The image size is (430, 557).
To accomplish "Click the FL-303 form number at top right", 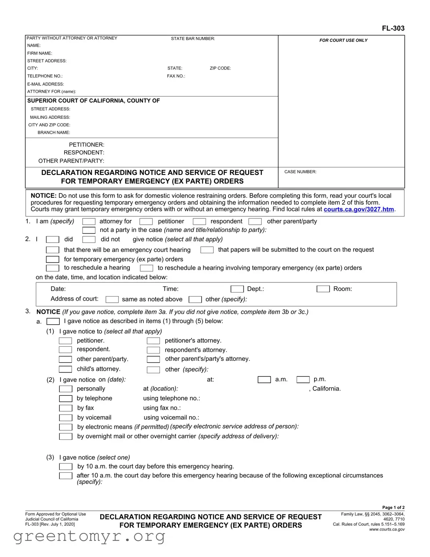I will coord(393,28).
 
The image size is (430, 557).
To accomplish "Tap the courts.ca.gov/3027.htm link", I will coord(358,209).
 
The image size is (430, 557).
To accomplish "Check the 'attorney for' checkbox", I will coord(89,222).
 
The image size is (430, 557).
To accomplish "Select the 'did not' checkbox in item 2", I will coord(89,240).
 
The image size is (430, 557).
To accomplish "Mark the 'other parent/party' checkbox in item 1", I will coord(255,222).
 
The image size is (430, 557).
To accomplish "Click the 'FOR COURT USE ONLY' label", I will coord(343,41).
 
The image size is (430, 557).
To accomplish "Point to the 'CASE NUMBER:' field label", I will coord(300,172).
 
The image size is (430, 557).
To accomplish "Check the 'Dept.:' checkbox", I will coord(237,289).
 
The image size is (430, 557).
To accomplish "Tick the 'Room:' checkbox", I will coord(323,289).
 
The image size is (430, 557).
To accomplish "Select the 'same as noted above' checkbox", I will coord(112,299).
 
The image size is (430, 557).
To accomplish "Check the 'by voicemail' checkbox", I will coord(66,418).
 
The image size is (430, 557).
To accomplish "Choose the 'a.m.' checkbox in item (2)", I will coord(264,380).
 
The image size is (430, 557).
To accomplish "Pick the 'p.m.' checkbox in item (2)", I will coord(303,380).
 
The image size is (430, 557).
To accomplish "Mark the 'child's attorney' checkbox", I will coord(65,369).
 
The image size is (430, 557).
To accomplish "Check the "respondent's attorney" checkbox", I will coord(153,350).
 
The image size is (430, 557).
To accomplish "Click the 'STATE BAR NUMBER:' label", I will coord(193,39).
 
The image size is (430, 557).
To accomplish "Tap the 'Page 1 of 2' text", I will coord(393,508).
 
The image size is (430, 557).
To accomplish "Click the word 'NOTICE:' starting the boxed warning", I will coord(44,196).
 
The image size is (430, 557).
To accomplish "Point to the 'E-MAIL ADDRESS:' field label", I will coord(46,84).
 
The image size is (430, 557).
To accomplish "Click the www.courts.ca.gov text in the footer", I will coord(387,529).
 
